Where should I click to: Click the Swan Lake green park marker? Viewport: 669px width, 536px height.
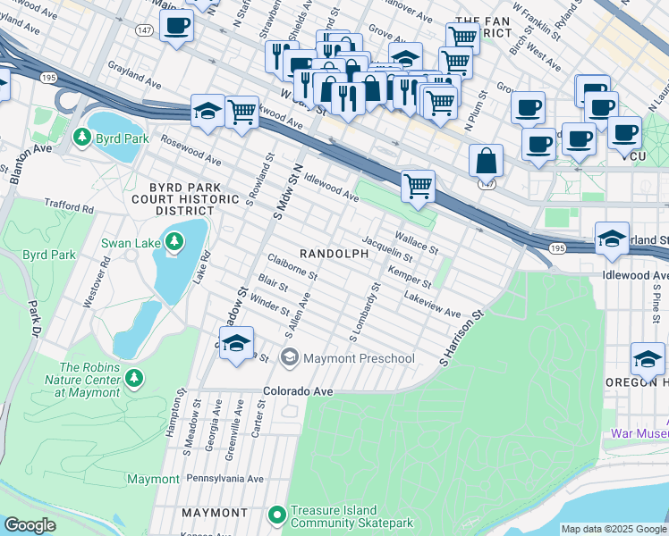174,242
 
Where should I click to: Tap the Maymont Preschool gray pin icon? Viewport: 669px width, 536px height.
289,359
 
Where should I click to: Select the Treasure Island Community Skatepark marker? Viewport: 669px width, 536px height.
277,515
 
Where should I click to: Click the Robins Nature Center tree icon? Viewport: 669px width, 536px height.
134,378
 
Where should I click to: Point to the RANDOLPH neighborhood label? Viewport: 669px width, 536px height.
334,254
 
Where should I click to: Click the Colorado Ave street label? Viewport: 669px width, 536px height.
298,391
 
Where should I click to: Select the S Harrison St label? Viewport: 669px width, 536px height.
461,339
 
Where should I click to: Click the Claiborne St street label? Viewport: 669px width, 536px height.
292,266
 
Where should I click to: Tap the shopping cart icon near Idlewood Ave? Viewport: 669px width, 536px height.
418,186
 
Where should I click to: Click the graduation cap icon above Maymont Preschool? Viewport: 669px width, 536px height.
236,343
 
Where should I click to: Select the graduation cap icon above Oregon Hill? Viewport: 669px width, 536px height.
647,359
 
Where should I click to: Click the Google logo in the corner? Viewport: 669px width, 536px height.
30,525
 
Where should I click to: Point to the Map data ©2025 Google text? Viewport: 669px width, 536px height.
613,529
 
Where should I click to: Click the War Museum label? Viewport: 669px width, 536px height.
639,433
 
